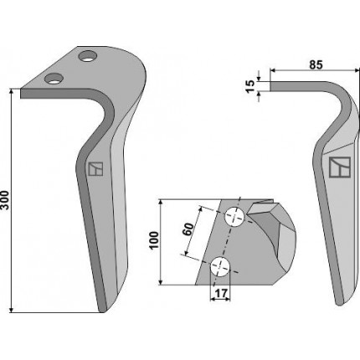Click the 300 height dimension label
pyautogui.click(x=5, y=200)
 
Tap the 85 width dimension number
pyautogui.click(x=316, y=64)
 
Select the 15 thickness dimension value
pyautogui.click(x=251, y=86)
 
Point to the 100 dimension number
pyautogui.click(x=154, y=240)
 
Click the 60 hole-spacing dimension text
pyautogui.click(x=189, y=229)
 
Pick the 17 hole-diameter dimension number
pyautogui.click(x=221, y=293)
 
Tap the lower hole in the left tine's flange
pyautogui.click(x=54, y=79)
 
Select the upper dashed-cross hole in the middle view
pyautogui.click(x=235, y=217)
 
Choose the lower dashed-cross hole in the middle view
pyautogui.click(x=220, y=266)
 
